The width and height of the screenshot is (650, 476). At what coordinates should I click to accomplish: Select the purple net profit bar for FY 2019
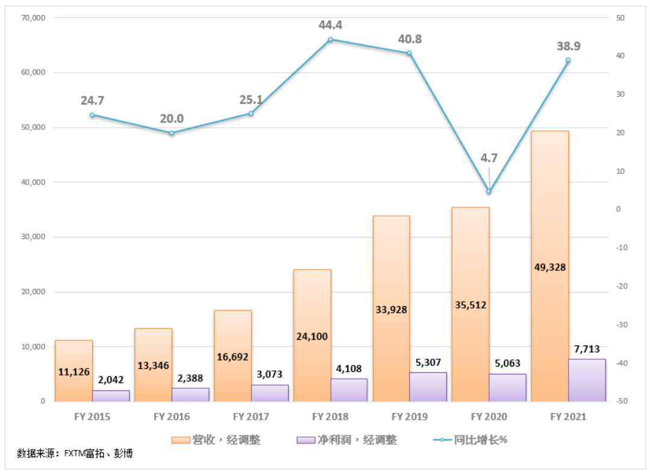[428, 386]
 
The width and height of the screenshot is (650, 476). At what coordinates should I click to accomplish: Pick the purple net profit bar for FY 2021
[587, 380]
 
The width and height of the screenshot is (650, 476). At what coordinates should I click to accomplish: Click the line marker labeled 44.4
[330, 40]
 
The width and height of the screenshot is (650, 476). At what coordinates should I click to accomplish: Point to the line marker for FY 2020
[489, 192]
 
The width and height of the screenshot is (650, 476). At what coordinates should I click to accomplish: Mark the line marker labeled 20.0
[172, 133]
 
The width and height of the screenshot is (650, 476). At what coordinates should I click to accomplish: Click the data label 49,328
[549, 267]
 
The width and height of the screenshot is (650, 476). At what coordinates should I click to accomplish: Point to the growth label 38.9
[568, 46]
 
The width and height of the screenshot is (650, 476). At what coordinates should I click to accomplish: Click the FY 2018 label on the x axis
[330, 416]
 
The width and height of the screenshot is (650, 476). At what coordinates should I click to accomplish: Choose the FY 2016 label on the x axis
[172, 416]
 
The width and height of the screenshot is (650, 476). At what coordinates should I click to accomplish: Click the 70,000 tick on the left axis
[32, 18]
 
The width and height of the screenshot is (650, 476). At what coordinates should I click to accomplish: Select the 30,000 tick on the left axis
[32, 237]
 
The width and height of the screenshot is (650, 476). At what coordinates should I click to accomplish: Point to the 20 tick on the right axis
[617, 133]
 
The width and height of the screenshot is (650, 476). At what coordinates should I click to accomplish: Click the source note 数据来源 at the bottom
[75, 453]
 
